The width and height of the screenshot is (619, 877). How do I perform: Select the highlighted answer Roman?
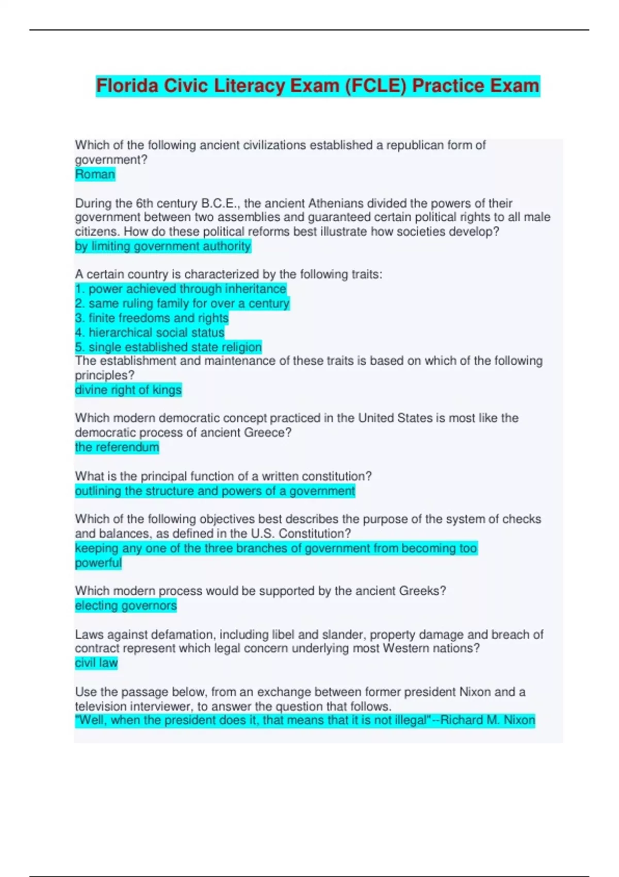(95, 174)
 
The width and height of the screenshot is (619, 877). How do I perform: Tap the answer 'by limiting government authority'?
(162, 246)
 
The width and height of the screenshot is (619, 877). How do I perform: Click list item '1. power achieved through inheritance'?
(181, 289)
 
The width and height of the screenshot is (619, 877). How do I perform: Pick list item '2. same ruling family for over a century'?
(182, 303)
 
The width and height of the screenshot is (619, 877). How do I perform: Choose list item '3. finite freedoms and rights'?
(152, 318)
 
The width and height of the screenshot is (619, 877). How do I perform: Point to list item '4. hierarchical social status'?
(150, 332)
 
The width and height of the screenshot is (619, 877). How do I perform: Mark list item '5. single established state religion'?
(168, 347)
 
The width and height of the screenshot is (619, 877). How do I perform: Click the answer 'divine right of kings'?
(128, 389)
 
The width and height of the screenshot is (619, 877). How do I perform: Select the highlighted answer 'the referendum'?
(117, 447)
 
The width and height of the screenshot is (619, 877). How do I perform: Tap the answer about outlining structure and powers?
(215, 491)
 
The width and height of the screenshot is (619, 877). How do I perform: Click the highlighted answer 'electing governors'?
(126, 605)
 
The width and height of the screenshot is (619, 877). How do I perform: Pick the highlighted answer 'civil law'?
(96, 662)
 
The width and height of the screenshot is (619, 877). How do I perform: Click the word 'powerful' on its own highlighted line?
(98, 562)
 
